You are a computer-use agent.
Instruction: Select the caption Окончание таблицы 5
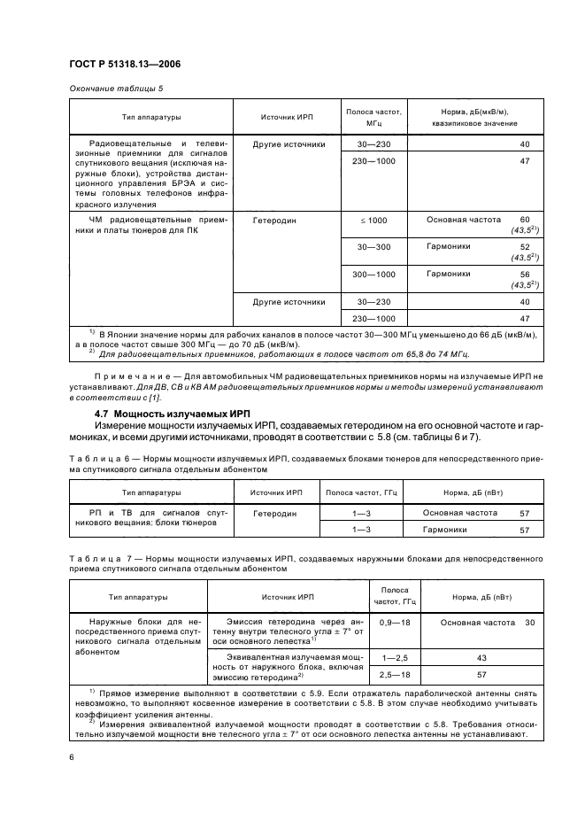click(115, 87)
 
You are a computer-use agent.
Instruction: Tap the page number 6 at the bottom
click(71, 756)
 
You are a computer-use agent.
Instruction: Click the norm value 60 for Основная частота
click(524, 219)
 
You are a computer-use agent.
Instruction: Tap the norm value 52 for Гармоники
click(524, 246)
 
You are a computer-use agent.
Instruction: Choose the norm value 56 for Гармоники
click(524, 275)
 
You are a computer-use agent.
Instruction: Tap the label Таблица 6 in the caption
click(91, 458)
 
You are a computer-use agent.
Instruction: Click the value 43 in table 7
click(481, 658)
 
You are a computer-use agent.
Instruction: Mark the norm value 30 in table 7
click(529, 623)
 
